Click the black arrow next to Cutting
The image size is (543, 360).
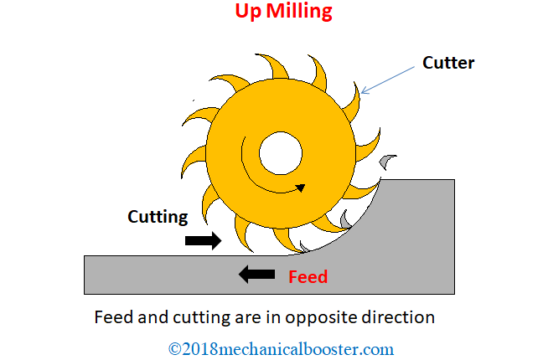click(x=203, y=241)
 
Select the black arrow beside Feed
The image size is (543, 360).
click(x=257, y=274)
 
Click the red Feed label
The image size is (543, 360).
click(x=308, y=277)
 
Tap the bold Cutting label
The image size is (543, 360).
click(x=158, y=217)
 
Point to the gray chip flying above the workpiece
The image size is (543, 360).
click(x=386, y=161)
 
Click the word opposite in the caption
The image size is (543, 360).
click(x=323, y=318)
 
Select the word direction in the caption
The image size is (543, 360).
click(x=406, y=318)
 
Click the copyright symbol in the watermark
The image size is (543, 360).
click(x=175, y=348)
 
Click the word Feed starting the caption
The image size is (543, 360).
click(x=111, y=318)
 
